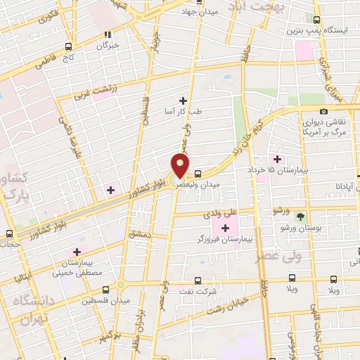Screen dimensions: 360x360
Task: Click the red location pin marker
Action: point(180,167)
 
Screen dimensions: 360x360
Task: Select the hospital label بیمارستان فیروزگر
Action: point(226,240)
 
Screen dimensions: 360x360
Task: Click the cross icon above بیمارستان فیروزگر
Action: point(226,228)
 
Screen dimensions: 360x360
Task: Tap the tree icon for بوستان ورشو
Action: point(300,216)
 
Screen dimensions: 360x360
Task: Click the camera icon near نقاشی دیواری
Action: point(323,111)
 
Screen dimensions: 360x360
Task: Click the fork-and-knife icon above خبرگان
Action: point(107,34)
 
